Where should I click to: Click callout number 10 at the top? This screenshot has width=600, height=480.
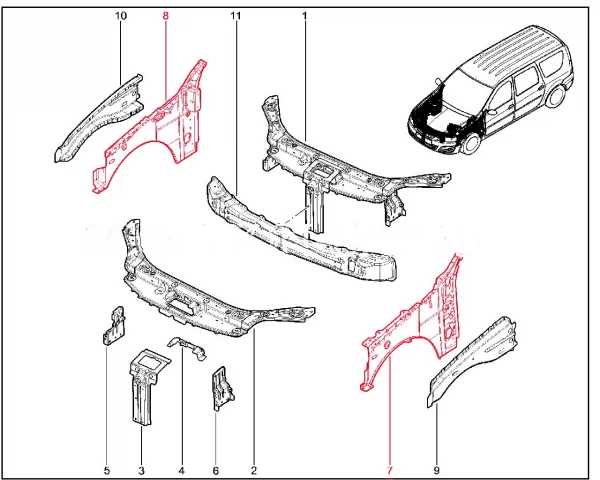click(121, 16)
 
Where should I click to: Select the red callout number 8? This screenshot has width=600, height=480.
click(166, 16)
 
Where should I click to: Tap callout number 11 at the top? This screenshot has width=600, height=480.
click(236, 16)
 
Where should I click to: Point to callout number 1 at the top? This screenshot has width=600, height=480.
click(305, 16)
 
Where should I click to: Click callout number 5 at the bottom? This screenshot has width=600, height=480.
click(107, 470)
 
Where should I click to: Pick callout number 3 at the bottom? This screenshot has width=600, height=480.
click(141, 470)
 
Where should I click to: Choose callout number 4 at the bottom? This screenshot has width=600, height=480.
click(181, 470)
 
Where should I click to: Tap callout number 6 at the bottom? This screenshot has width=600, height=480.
click(215, 470)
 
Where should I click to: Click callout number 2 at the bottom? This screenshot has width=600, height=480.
click(253, 470)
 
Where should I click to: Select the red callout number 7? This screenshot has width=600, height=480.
click(390, 470)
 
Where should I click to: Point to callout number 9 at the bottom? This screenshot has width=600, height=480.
click(436, 470)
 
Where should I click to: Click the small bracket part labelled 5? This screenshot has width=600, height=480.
click(114, 327)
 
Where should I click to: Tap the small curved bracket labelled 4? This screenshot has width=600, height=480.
click(188, 346)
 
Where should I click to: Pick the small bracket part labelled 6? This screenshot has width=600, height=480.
click(222, 389)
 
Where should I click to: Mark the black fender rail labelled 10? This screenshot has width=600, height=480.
click(99, 119)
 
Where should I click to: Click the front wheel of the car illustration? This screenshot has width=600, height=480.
click(471, 142)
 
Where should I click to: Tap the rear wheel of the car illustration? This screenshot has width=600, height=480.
click(556, 96)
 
